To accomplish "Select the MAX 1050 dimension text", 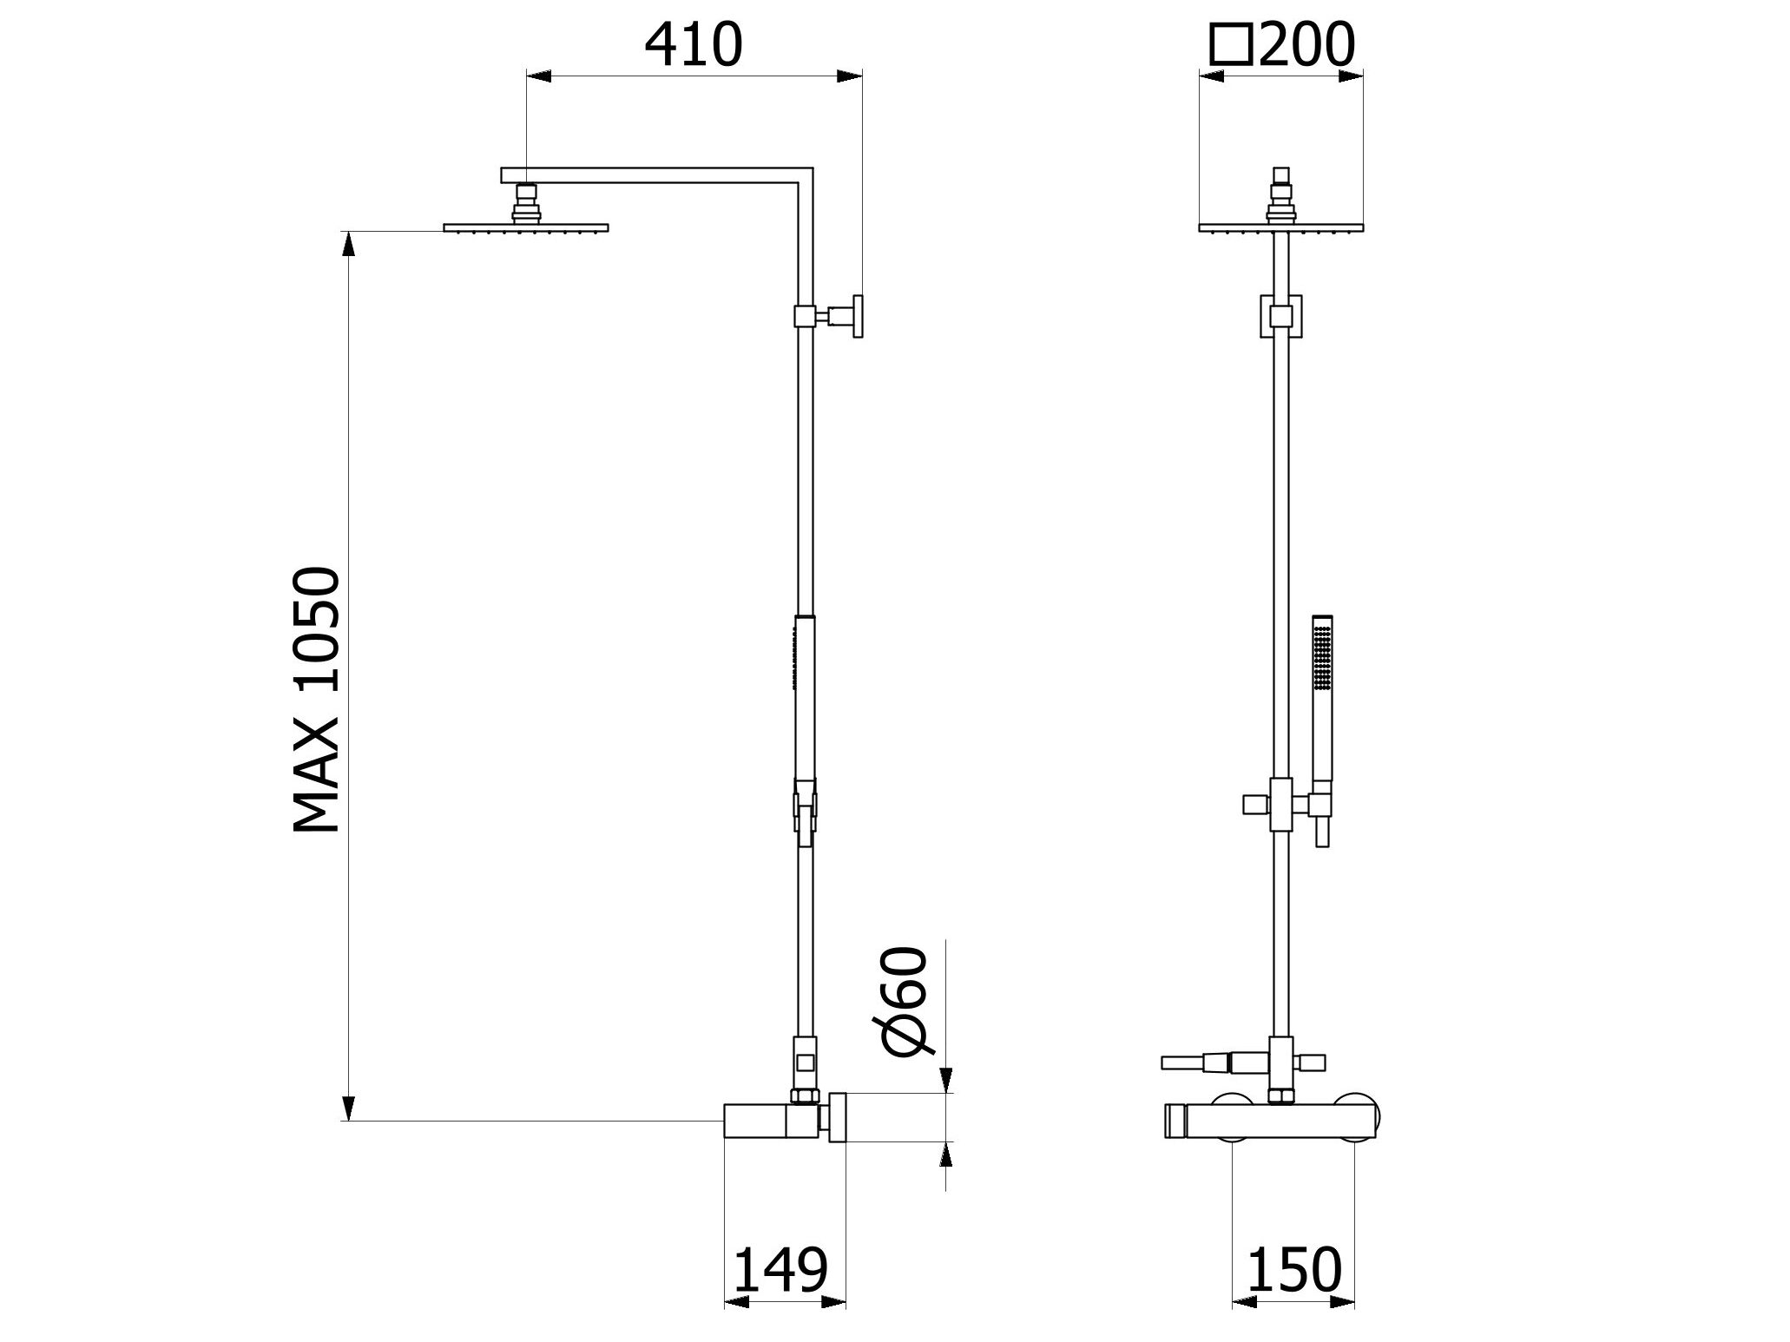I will click(317, 700).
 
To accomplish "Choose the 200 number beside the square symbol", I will click(1306, 44).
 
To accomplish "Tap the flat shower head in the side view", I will click(525, 228).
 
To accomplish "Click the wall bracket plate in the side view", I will click(858, 316).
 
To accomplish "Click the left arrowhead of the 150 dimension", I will click(1245, 1326).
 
